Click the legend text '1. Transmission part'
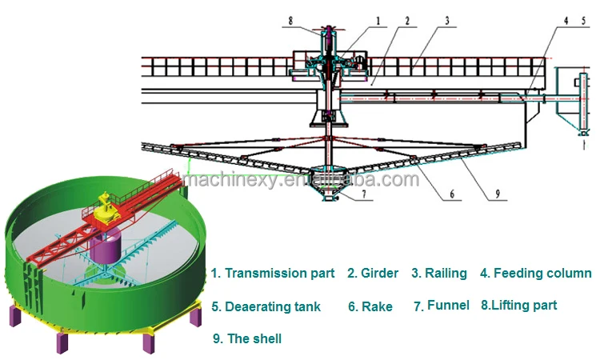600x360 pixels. pos(273,274)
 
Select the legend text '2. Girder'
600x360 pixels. pos(373,274)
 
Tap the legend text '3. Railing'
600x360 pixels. pos(439,274)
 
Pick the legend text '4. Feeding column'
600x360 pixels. pos(535,274)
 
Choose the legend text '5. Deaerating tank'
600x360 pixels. pos(266,306)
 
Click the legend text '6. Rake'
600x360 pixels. pos(370,306)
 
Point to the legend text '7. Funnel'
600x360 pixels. pos(441,306)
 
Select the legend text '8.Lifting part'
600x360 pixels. pos(518,305)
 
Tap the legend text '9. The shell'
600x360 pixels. pos(247,338)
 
